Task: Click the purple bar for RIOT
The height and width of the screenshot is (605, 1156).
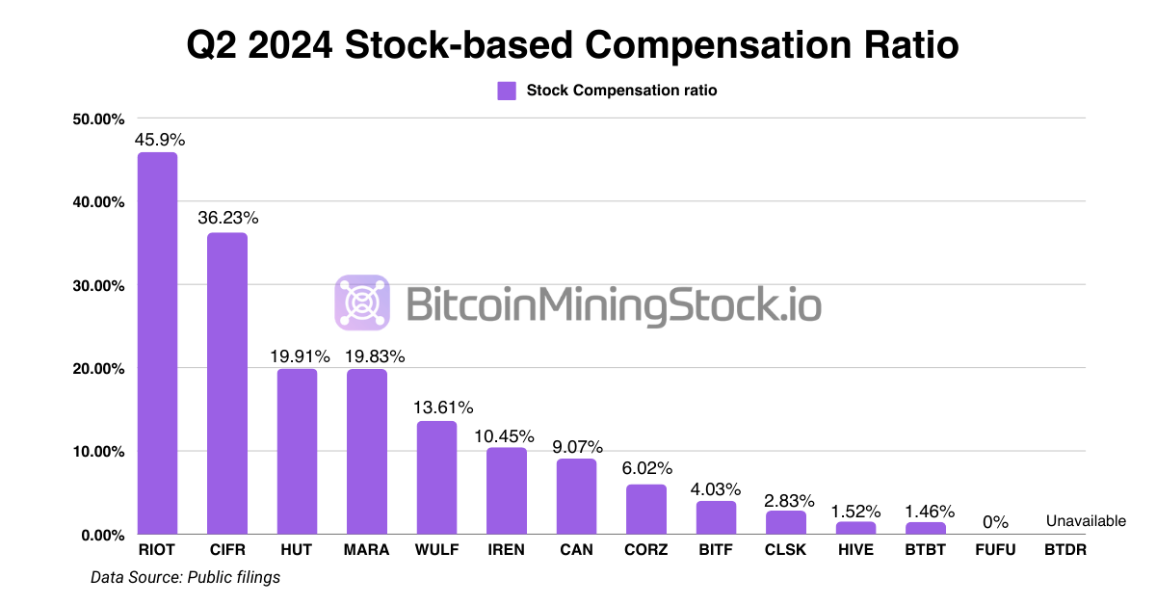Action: (x=157, y=343)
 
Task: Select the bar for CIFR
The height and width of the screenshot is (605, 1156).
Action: (x=227, y=383)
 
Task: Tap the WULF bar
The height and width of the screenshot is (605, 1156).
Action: (x=436, y=478)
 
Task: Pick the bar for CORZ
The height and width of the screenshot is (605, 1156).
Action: (x=645, y=510)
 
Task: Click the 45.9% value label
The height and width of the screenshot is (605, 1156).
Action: (x=159, y=139)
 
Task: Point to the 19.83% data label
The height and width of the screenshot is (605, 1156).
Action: (x=367, y=355)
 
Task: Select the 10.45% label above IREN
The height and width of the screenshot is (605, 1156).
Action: (x=507, y=434)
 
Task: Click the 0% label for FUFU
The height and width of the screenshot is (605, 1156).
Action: (x=995, y=521)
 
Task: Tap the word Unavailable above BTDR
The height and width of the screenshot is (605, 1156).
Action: (x=1086, y=521)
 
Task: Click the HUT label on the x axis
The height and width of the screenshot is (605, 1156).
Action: (x=297, y=550)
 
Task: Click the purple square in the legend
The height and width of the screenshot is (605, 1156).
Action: (x=507, y=91)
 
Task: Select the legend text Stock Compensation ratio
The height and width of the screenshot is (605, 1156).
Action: (x=621, y=91)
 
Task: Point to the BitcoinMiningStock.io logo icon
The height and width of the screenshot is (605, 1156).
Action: (x=363, y=302)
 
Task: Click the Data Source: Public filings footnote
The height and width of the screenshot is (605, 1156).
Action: (x=185, y=577)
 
